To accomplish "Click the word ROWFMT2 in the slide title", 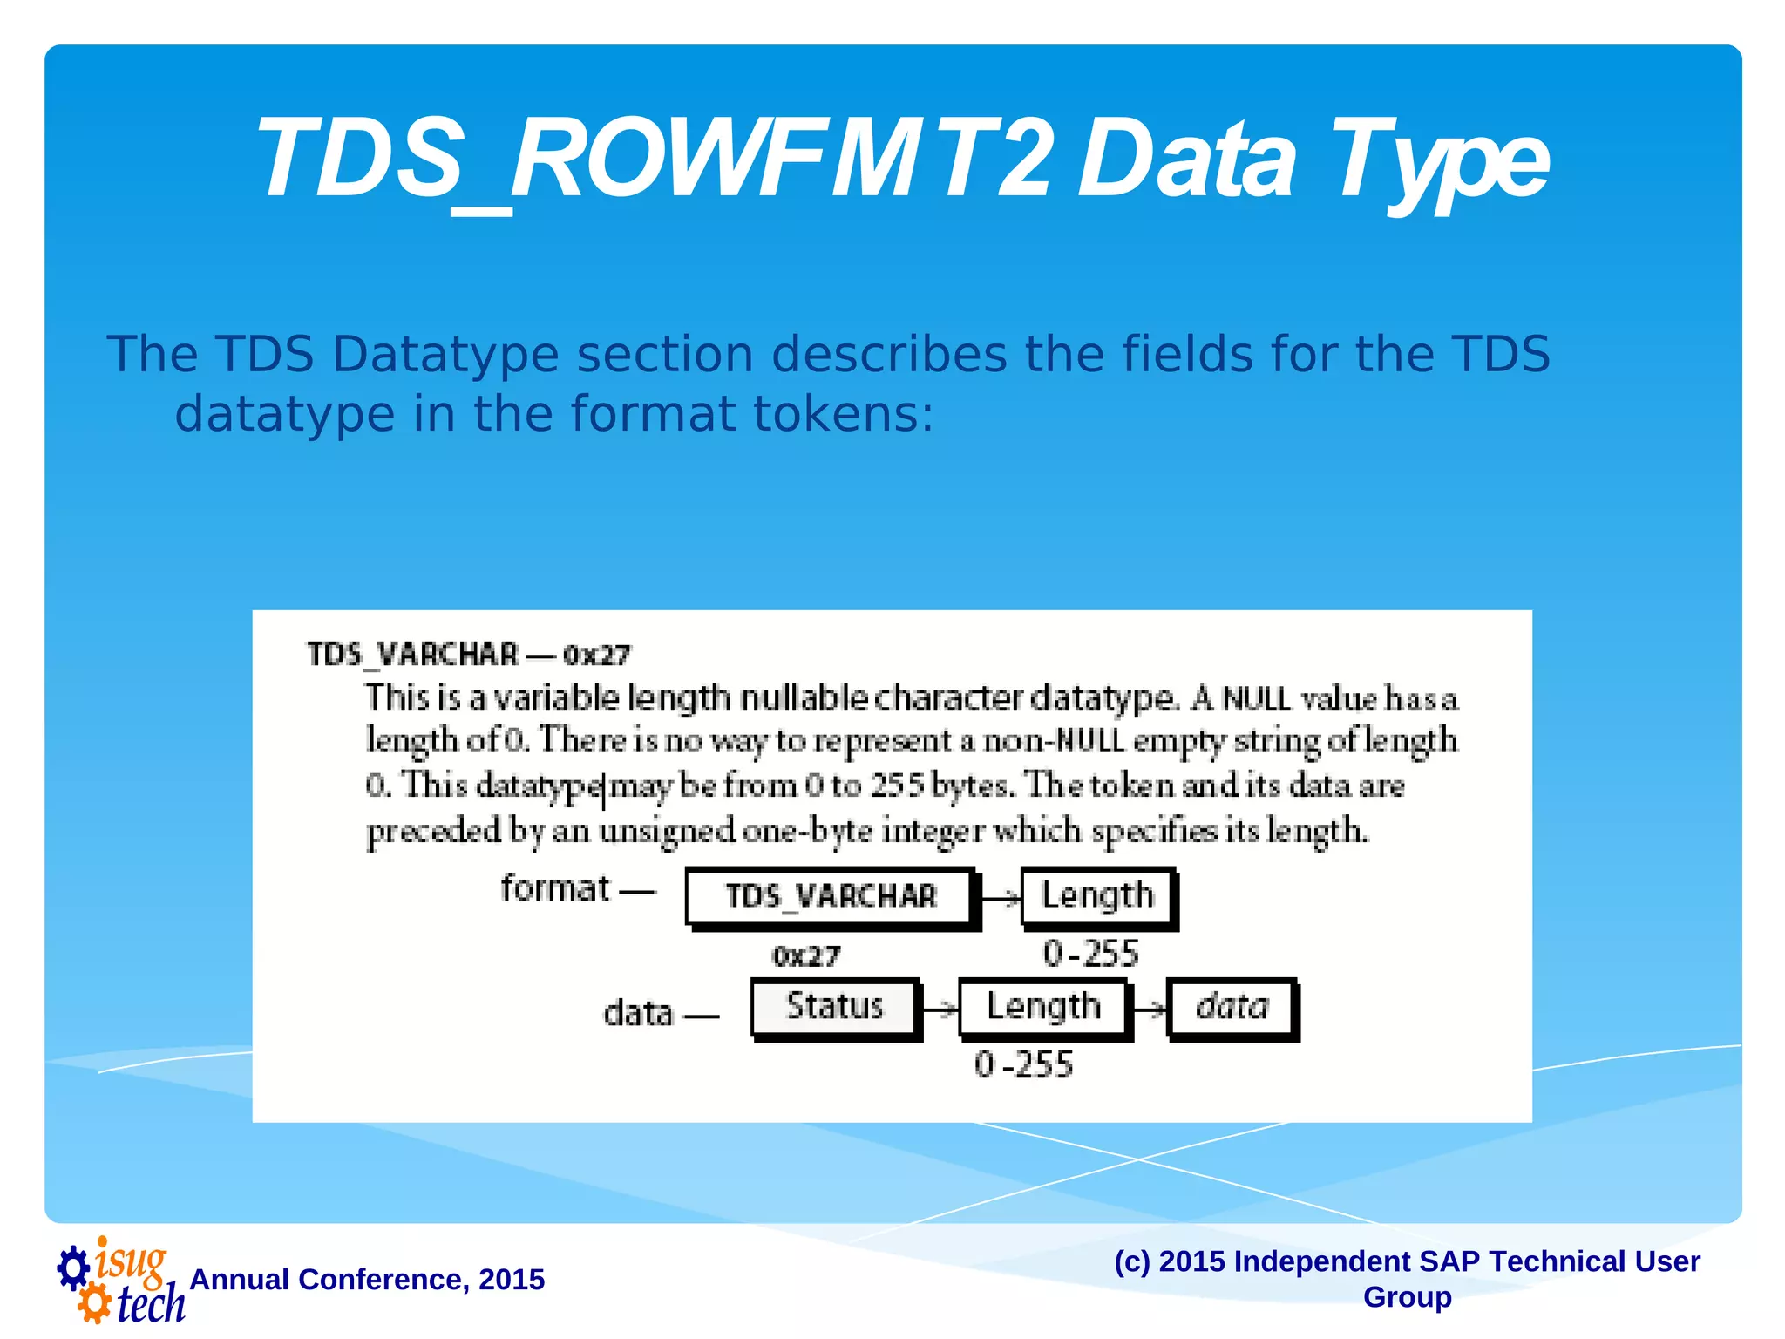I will (x=780, y=161).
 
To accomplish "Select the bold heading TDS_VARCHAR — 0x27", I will (x=468, y=655).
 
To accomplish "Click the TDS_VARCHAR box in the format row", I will (x=830, y=897).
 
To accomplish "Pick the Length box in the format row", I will (x=1097, y=897).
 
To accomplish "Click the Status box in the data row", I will (x=834, y=1007).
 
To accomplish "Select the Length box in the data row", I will (x=1043, y=1008).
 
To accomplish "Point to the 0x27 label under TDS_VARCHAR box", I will (x=805, y=957).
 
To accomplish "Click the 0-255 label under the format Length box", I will (x=1090, y=955).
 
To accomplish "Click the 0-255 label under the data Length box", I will (x=1023, y=1065).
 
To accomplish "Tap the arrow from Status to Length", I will (x=940, y=1009).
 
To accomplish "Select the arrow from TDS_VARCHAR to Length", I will (x=1000, y=899).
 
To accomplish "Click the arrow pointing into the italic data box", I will (x=1149, y=1009).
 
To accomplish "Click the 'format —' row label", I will (x=575, y=890).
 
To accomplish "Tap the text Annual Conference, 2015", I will (x=367, y=1280).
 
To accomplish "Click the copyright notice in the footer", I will (x=1407, y=1279).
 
